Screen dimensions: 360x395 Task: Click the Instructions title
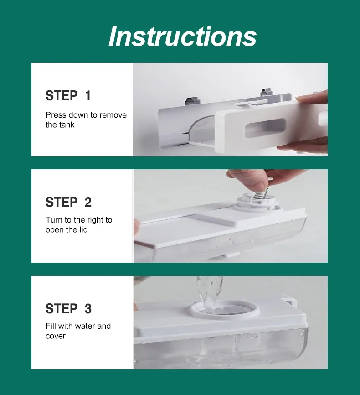click(183, 36)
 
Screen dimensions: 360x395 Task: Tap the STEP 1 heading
click(68, 95)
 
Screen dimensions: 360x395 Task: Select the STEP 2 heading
click(68, 202)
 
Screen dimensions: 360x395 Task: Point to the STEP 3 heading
click(68, 309)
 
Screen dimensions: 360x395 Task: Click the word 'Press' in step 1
click(56, 115)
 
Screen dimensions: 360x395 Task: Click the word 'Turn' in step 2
click(54, 220)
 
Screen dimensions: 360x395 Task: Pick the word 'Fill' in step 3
click(51, 326)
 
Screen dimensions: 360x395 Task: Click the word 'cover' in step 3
click(56, 336)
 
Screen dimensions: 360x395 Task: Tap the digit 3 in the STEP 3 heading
click(88, 309)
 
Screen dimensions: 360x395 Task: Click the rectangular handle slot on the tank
click(266, 129)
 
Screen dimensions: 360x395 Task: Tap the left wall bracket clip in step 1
click(193, 100)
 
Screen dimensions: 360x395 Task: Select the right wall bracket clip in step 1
click(266, 92)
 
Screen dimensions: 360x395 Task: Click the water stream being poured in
click(209, 293)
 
